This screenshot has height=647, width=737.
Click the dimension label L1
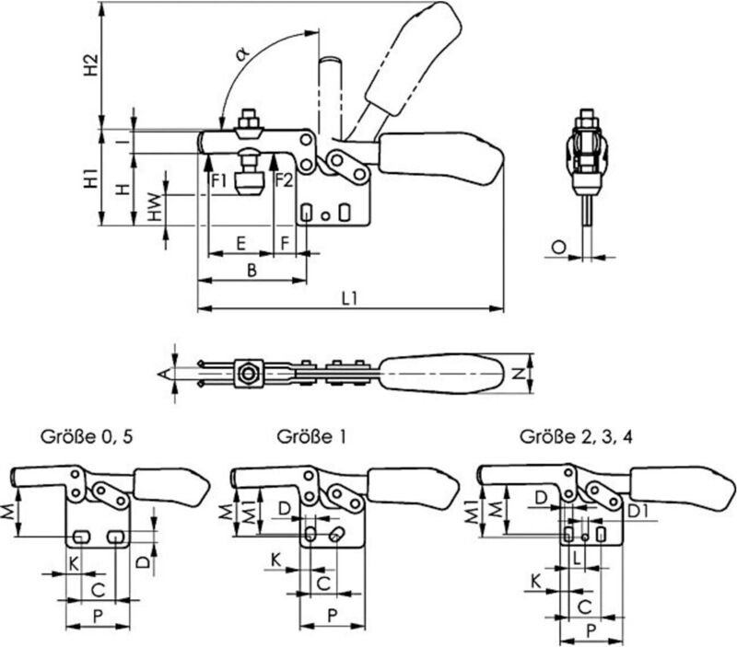pyautogui.click(x=349, y=297)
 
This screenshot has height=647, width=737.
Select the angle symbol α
pyautogui.click(x=241, y=54)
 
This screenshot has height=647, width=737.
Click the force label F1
pyautogui.click(x=219, y=179)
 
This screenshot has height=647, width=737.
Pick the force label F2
pyautogui.click(x=284, y=179)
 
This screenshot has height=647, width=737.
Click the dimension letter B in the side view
pyautogui.click(x=250, y=270)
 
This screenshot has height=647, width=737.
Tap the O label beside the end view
pyautogui.click(x=559, y=246)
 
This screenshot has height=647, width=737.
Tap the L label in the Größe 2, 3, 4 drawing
pyautogui.click(x=577, y=558)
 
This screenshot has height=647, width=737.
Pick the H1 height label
pyautogui.click(x=90, y=178)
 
